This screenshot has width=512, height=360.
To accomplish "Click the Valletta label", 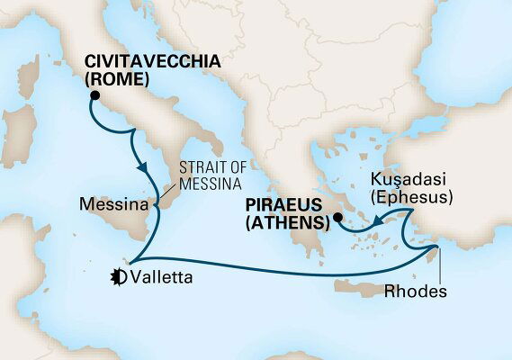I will click(x=164, y=276).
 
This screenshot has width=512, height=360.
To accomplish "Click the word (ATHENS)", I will click(x=292, y=225).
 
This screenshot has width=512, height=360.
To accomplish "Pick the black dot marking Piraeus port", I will click(x=336, y=218).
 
